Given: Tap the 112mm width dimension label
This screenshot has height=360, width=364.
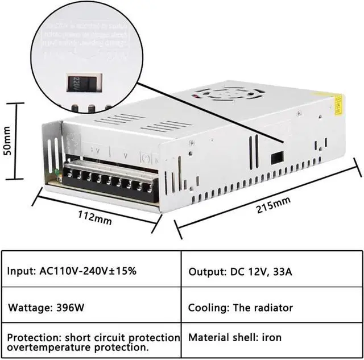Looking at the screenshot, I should [x=94, y=217].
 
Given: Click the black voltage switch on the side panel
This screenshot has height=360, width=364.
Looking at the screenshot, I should [x=278, y=156].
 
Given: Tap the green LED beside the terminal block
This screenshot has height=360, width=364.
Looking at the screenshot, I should [x=57, y=175].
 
